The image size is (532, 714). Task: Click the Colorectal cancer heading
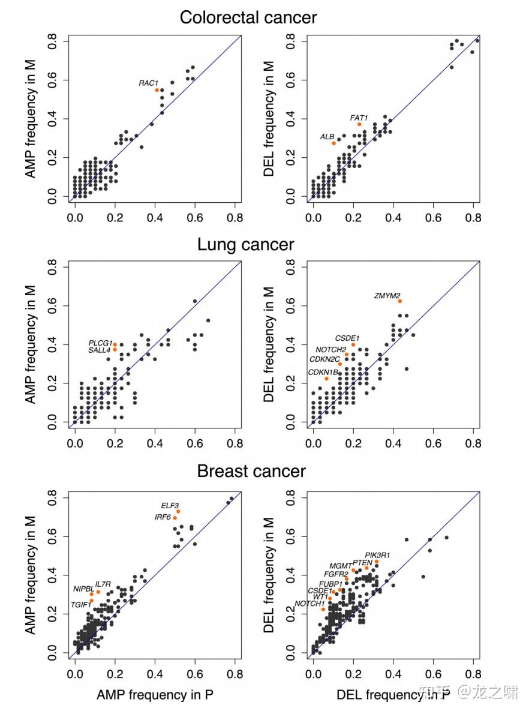coord(248,17)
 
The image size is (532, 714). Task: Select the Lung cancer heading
coord(246,245)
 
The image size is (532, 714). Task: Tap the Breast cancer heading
coord(251,471)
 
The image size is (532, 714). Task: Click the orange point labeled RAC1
coord(157,90)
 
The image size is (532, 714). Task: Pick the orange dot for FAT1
coord(359,124)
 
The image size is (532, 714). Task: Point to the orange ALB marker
coord(334,143)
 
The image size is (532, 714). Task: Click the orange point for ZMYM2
coord(399,301)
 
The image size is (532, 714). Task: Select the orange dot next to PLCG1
coord(115,344)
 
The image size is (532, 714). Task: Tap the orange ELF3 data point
coord(178,511)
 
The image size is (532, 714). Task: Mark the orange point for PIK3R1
coord(377,562)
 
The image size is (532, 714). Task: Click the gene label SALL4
coord(100,350)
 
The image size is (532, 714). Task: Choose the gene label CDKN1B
coord(323,373)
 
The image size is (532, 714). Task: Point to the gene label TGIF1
coord(81,604)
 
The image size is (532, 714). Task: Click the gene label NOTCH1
coord(309,604)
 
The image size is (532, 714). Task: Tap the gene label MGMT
coord(341,566)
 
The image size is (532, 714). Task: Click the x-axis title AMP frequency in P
coord(155,695)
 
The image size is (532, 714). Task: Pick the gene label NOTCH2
coord(331,350)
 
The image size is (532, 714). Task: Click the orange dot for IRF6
coord(175,518)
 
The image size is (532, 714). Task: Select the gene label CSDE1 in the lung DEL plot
coord(347,338)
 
